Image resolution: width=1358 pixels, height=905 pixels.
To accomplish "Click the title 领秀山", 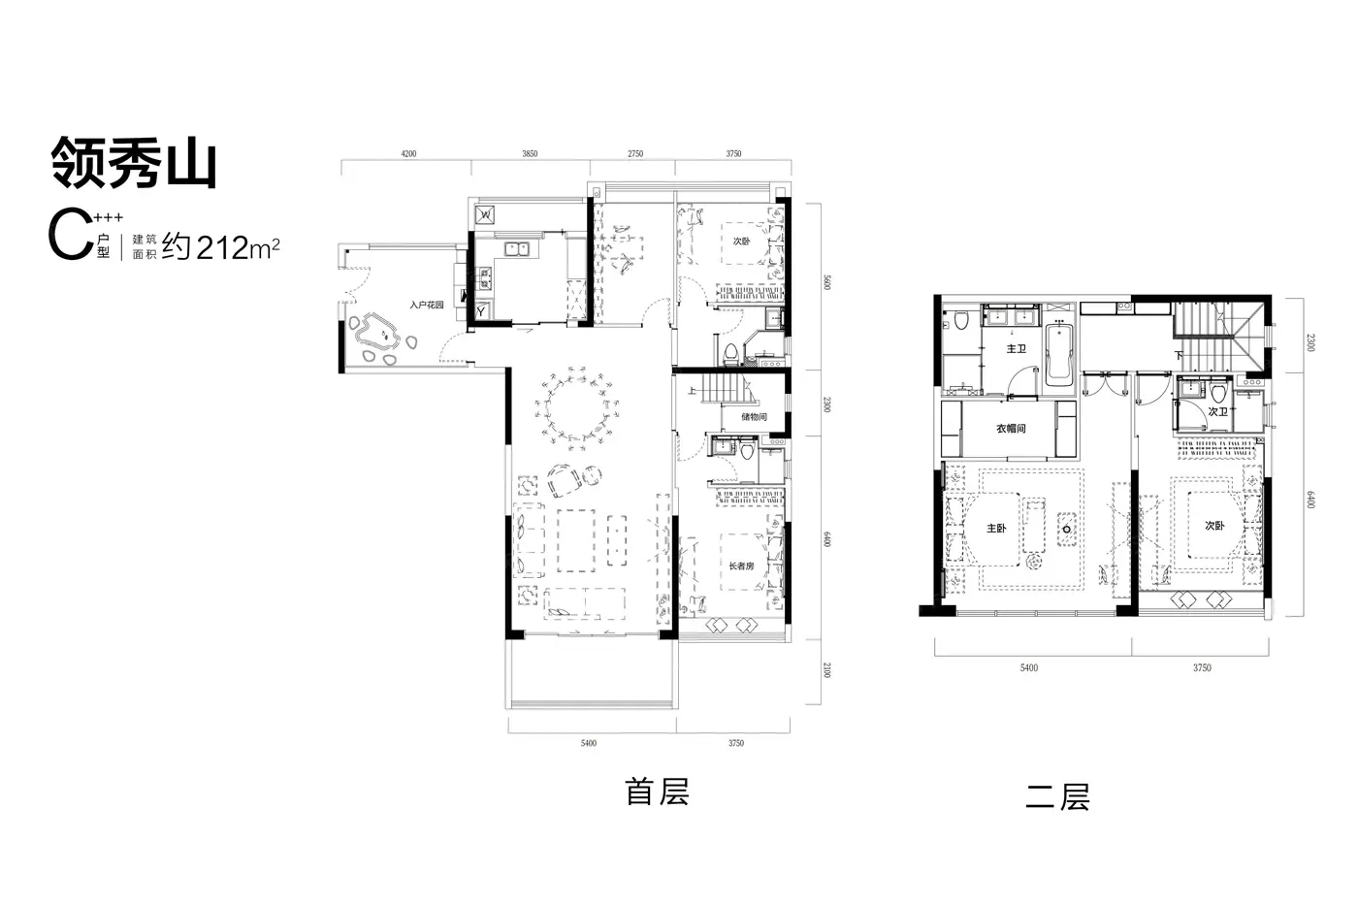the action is (134, 162).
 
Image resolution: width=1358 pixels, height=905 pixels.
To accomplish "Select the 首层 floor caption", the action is (658, 792).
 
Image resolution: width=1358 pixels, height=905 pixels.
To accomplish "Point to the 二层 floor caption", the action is (1058, 797).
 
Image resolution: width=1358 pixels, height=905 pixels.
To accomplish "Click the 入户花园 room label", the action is (427, 305).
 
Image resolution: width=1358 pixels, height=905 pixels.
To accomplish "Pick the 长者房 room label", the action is (741, 566).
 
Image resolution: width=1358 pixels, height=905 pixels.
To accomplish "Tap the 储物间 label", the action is (755, 417).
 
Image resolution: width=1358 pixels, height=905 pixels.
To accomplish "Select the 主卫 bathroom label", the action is (1017, 348).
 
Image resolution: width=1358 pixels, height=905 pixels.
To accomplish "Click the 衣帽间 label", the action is (1011, 429).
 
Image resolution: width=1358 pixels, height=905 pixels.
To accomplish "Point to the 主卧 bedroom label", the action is (997, 529).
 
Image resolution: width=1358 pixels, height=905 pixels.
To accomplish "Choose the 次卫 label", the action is (1218, 411).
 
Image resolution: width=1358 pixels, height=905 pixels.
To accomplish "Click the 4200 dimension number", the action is (408, 154).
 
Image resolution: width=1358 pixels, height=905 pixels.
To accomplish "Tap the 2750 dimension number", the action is (635, 154).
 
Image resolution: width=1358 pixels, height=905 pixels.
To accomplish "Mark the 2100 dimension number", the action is (826, 670).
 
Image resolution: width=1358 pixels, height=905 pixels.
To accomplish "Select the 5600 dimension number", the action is (826, 282).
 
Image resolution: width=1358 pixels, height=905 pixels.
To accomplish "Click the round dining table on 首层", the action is (576, 408).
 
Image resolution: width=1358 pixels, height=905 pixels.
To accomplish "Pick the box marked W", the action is (485, 214).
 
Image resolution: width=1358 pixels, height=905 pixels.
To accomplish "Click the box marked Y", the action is (482, 311).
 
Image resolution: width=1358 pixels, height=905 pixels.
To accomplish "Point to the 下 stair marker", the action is (1179, 355).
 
